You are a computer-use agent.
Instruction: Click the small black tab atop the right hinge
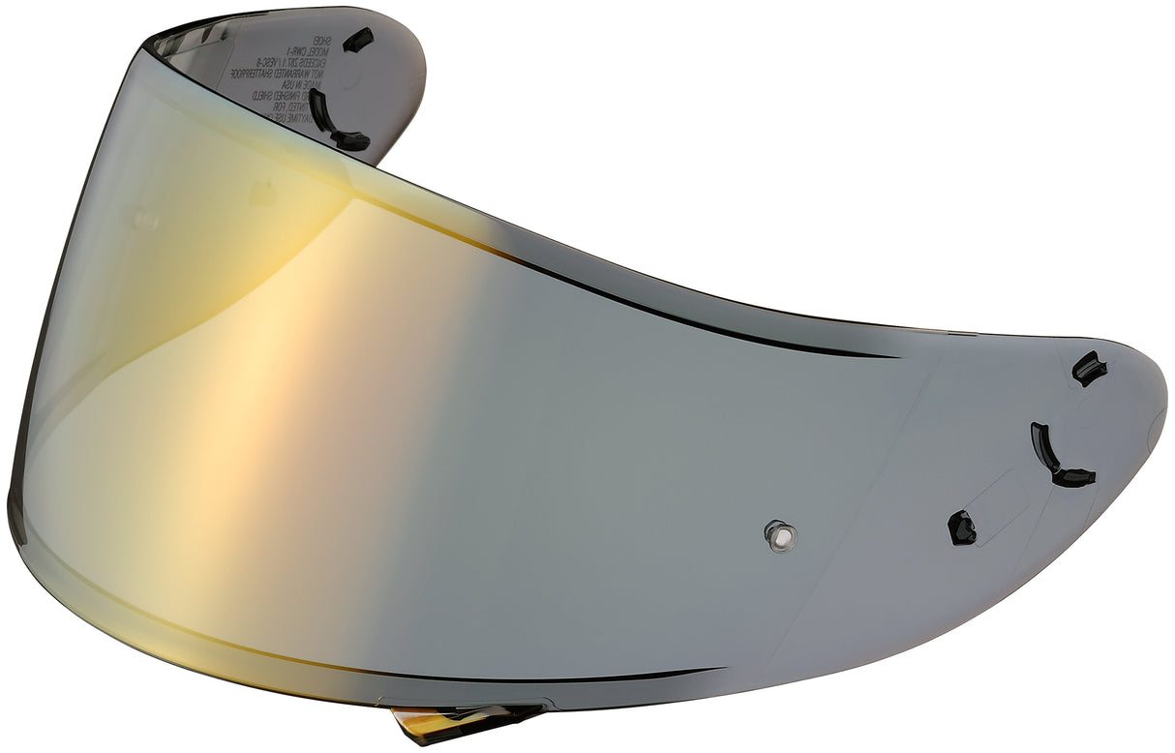point(1089,368)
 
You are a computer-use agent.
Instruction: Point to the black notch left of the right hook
point(961,527)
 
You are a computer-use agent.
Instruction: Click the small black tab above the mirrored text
point(358,40)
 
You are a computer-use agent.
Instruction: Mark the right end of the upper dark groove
point(895,355)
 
